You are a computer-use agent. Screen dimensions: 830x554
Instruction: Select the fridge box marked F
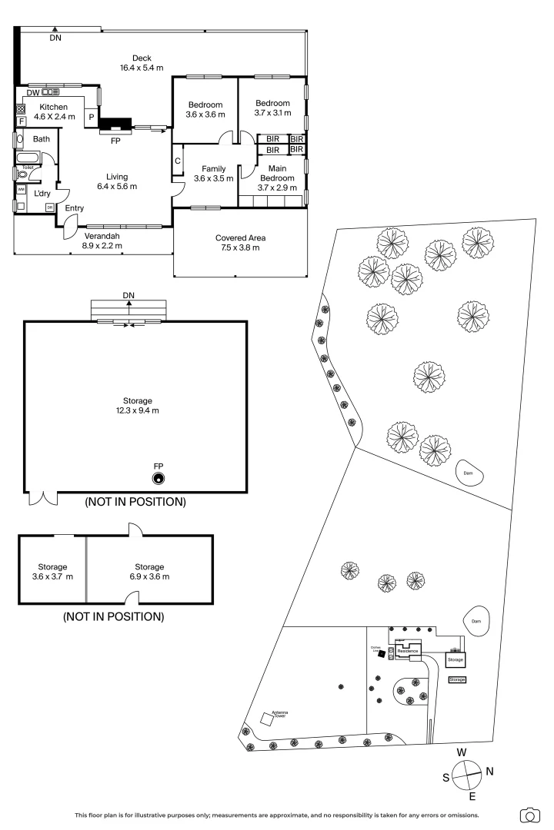(22, 121)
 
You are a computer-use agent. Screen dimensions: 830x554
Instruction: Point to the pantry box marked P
(92, 117)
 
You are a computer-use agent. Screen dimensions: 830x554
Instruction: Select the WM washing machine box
(21, 188)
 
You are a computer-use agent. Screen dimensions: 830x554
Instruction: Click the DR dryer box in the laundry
(50, 207)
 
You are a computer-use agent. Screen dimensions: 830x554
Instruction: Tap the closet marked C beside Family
(177, 161)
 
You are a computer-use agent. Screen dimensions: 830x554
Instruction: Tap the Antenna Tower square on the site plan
(267, 719)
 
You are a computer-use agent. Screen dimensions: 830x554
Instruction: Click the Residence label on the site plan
(408, 651)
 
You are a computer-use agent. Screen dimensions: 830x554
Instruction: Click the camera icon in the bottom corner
(530, 815)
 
